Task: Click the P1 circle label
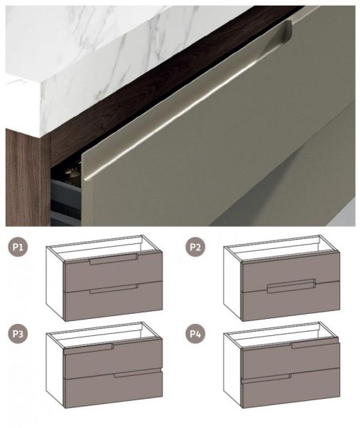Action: pos(18,247)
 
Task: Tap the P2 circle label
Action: pos(195,247)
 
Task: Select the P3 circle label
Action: pos(18,334)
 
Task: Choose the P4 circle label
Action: pos(195,334)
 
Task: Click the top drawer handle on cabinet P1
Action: pos(114,259)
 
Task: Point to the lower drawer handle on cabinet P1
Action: pos(114,289)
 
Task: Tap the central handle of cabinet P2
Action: pos(292,286)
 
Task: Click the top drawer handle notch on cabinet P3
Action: pos(88,349)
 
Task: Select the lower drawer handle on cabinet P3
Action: pos(138,373)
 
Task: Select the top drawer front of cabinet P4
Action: pos(291,360)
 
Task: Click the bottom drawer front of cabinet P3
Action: pos(113,389)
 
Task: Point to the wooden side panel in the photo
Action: pos(27,178)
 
